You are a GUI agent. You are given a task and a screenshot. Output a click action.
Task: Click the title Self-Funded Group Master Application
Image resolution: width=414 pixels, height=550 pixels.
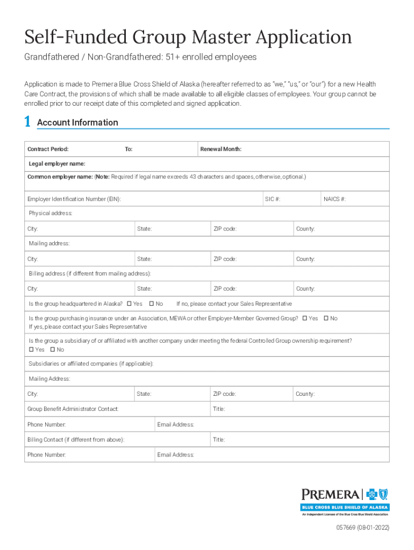(x=188, y=38)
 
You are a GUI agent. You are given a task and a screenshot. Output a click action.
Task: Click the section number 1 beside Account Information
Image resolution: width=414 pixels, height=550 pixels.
(x=27, y=122)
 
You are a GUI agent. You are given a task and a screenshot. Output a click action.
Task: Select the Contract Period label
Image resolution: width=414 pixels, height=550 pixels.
(x=48, y=149)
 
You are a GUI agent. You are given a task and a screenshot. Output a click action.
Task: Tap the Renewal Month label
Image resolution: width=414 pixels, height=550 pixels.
(x=220, y=149)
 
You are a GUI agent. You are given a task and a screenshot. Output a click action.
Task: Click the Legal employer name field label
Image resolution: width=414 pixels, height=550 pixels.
(x=57, y=164)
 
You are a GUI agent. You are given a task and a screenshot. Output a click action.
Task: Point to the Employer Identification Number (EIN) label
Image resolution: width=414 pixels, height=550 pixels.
(x=74, y=199)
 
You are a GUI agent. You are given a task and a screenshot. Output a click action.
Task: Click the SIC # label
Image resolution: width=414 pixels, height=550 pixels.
(x=273, y=199)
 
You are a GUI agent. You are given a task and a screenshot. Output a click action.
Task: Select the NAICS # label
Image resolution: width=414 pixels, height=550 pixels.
(x=334, y=199)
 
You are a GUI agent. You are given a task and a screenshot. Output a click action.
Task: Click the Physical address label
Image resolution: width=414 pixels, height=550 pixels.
(x=51, y=213)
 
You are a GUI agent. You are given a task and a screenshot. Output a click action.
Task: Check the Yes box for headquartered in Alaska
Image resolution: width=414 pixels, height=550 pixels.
(x=129, y=304)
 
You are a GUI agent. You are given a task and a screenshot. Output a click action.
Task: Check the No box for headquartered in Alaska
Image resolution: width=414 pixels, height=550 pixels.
(x=152, y=304)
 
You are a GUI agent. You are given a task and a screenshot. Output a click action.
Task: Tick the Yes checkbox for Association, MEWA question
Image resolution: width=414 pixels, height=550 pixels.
(x=305, y=319)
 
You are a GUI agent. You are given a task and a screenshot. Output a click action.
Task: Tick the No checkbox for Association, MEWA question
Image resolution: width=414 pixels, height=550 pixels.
(x=326, y=319)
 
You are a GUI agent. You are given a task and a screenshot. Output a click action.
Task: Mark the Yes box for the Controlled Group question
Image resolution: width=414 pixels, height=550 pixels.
(x=31, y=350)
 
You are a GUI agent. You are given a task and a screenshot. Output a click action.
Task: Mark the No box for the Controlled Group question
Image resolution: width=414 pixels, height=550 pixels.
(x=53, y=350)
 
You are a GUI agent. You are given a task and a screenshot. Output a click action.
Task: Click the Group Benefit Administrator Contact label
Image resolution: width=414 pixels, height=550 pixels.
(x=73, y=409)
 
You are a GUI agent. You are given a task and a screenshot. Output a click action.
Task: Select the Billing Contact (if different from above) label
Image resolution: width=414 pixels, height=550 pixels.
(x=76, y=440)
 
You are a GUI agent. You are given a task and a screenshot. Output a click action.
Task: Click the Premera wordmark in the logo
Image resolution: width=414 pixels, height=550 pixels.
(x=330, y=495)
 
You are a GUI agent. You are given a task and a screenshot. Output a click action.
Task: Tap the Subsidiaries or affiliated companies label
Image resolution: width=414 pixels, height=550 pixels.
(x=91, y=364)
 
